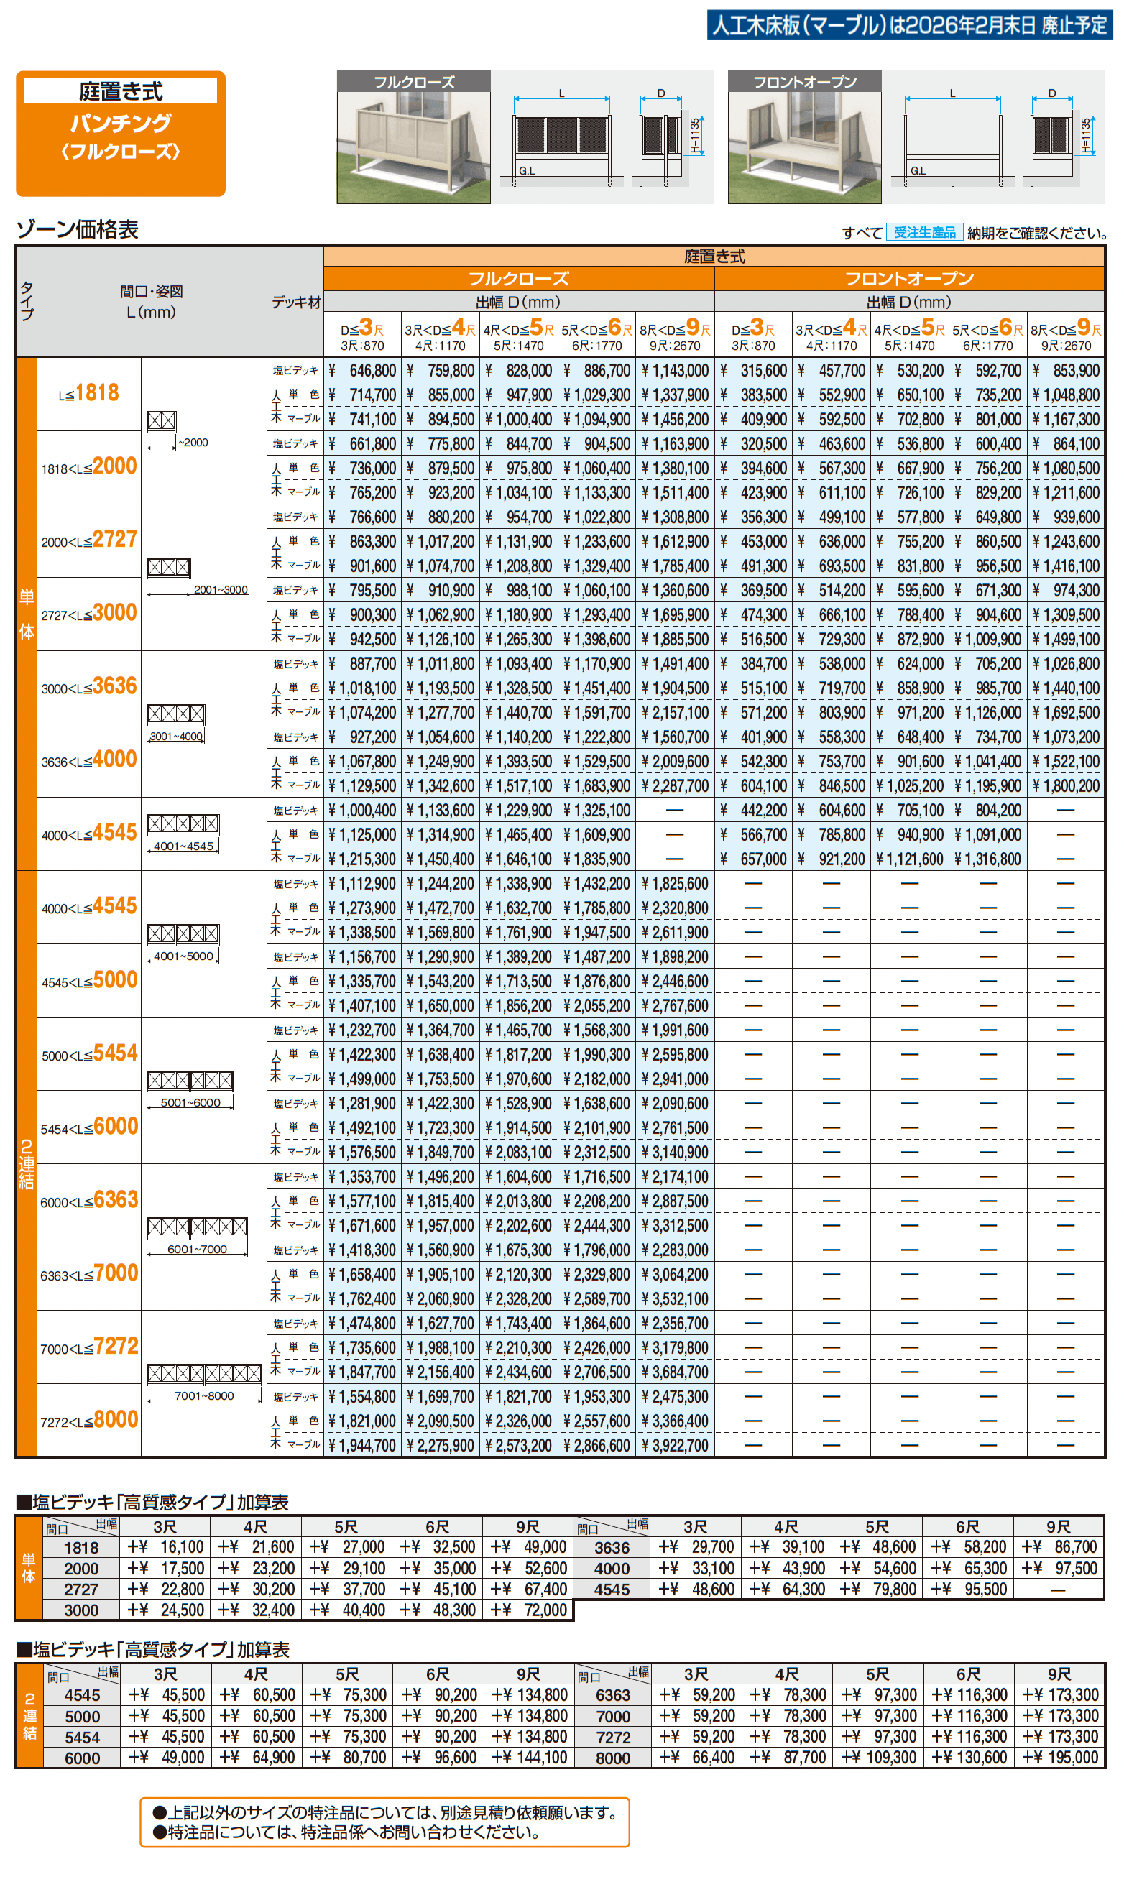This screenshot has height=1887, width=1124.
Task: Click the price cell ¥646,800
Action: (363, 371)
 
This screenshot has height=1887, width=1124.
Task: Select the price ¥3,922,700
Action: (675, 1446)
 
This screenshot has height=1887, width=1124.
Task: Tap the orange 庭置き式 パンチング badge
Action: (121, 133)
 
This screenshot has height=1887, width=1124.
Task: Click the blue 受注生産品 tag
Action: (924, 233)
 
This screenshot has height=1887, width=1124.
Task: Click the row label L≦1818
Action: (88, 393)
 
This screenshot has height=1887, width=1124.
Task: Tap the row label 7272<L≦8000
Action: (88, 1421)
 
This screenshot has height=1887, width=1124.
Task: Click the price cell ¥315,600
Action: (755, 371)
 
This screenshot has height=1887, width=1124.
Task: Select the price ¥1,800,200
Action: (1066, 786)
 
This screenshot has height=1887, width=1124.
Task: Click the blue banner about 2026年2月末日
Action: (909, 26)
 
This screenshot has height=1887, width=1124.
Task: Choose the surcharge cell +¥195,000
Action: (1059, 1758)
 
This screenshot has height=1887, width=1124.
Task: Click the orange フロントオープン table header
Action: (909, 279)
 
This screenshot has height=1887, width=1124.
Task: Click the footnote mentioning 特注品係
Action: (354, 1832)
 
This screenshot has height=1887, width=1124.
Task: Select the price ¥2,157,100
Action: (675, 713)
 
